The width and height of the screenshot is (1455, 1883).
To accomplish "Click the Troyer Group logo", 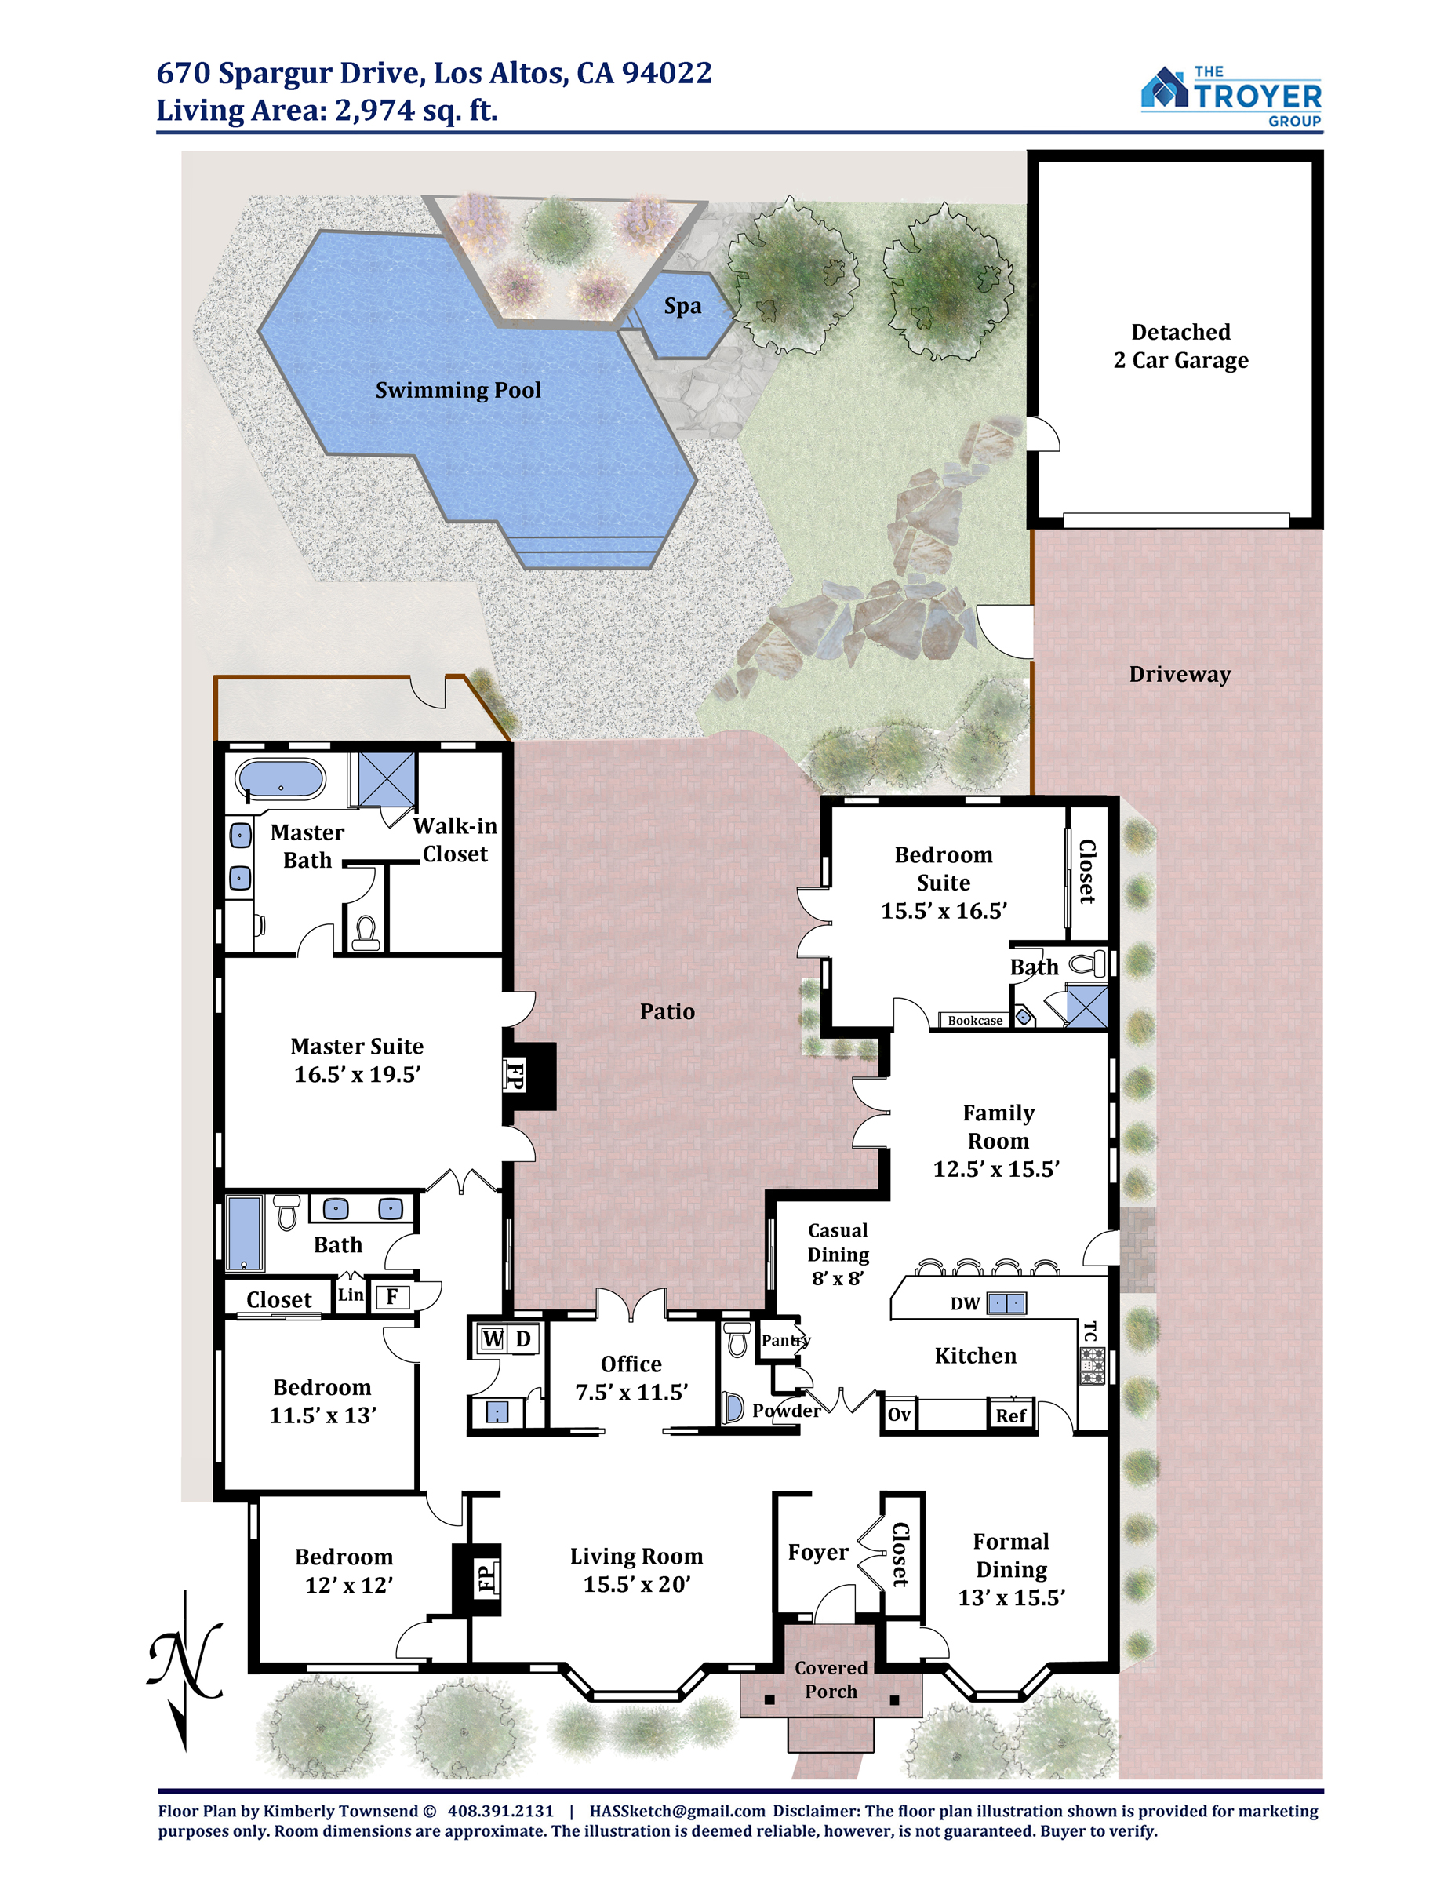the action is pos(1231,97).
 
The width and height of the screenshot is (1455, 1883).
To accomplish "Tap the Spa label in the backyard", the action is pos(682,307).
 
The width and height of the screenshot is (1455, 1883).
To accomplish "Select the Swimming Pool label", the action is pos(459,391).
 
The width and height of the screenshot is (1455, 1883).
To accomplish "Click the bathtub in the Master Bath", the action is pos(281,778).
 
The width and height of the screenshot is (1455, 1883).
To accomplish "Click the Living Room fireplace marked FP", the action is pos(478,1577).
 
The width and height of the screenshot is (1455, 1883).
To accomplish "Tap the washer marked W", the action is pos(492,1339).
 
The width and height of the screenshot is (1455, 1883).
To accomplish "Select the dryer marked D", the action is pos(523,1339).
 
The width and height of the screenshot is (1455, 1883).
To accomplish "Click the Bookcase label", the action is pos(975,1021).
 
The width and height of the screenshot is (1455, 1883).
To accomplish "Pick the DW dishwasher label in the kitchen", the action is pos(966,1304).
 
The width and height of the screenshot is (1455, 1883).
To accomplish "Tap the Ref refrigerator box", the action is pos(1010,1415).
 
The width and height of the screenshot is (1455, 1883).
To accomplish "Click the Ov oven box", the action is pos(899,1415).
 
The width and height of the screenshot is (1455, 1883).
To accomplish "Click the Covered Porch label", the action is pos(831,1680).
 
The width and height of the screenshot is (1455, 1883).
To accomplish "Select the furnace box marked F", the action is pos(393,1297).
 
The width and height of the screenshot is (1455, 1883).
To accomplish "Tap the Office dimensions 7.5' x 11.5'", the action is pos(632,1393).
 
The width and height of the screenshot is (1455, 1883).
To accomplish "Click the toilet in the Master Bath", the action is pos(366,932).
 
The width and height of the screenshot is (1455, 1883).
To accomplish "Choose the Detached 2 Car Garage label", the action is pos(1181,347).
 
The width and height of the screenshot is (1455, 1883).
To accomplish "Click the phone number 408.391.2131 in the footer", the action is pos(500,1812).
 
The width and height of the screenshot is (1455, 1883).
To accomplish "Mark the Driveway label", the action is pos(1180,674).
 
